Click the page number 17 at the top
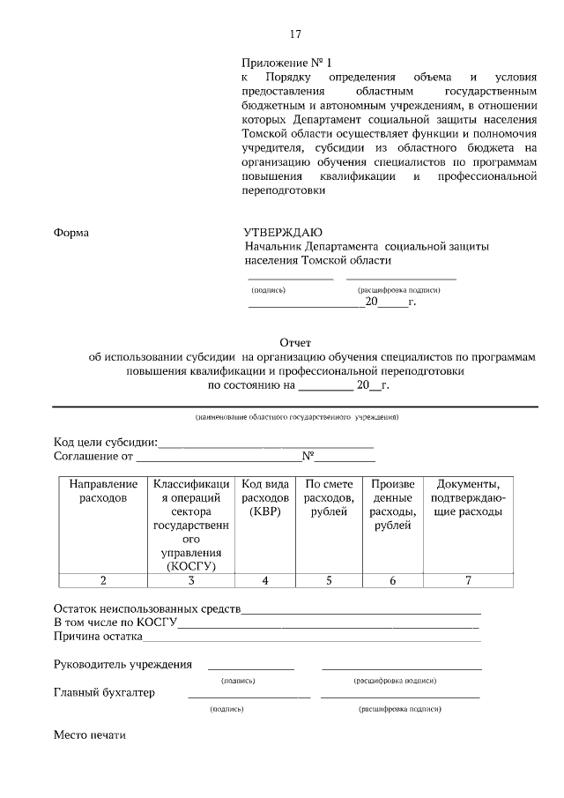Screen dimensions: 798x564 295,34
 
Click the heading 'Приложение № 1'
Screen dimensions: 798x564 287,63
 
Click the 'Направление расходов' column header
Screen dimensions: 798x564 103,491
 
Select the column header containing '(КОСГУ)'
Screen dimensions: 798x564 191,525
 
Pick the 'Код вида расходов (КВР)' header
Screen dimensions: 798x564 265,498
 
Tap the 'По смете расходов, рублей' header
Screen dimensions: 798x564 329,498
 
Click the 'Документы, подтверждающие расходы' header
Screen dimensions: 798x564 469,498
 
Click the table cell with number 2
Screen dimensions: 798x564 103,580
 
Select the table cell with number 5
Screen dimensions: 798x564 329,580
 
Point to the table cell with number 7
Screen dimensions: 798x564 469,580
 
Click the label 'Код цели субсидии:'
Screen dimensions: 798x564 106,442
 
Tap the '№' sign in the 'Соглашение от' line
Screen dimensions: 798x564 308,457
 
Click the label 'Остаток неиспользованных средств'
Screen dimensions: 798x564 147,608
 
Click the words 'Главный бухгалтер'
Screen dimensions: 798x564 104,692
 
